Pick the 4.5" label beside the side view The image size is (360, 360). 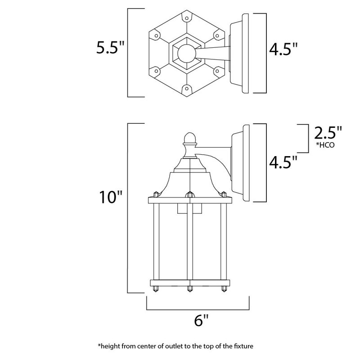click(x=283, y=161)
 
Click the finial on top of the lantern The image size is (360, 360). click(x=190, y=137)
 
